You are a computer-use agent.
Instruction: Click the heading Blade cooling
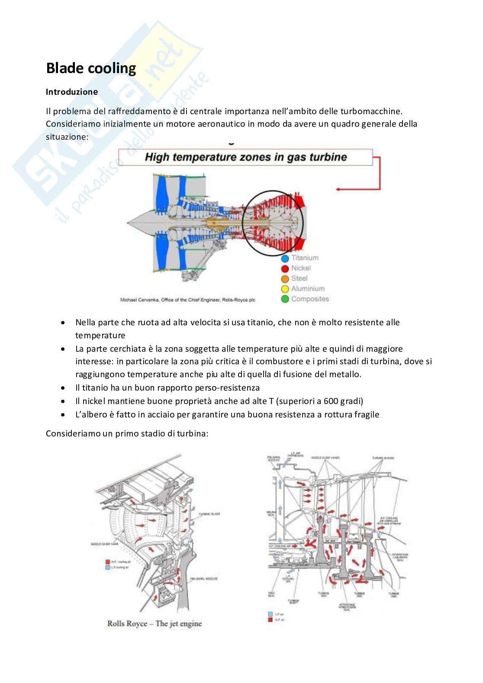(91, 68)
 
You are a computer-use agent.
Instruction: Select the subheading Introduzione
(72, 92)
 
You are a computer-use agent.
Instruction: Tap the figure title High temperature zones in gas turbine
(246, 157)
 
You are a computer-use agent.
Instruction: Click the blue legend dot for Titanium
(285, 258)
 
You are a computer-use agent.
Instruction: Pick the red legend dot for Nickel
(285, 269)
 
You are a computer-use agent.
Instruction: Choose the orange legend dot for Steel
(285, 279)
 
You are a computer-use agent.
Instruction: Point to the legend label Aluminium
(308, 289)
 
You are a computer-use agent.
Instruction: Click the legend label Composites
(310, 299)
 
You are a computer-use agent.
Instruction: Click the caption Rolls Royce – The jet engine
(155, 624)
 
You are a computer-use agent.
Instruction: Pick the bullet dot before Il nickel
(64, 401)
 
